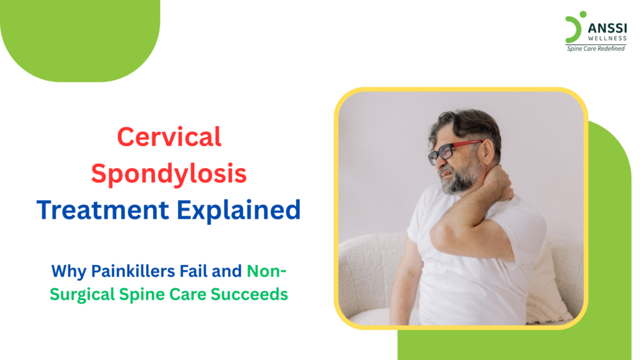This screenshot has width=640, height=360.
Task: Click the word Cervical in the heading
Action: coord(169,137)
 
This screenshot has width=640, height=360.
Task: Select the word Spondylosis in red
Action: coord(169,174)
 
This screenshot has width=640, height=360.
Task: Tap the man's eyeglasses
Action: coord(449,151)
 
